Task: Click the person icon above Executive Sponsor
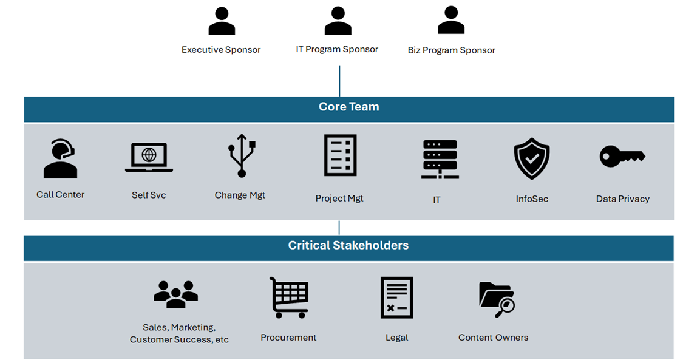click(221, 22)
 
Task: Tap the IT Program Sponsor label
click(337, 49)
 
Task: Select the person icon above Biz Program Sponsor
click(451, 21)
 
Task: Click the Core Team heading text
click(348, 107)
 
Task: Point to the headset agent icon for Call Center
click(60, 159)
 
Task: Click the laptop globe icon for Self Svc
click(149, 157)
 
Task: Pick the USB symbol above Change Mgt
click(242, 156)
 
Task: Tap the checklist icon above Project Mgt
click(340, 155)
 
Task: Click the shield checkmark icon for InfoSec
click(531, 158)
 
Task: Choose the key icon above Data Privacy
click(622, 157)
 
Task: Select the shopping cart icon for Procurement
click(289, 297)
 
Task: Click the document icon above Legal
click(396, 297)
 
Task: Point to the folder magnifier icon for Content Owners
click(496, 299)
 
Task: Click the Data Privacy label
click(622, 199)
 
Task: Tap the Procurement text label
click(288, 337)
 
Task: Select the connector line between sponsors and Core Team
click(339, 81)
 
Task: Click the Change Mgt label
click(240, 195)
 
